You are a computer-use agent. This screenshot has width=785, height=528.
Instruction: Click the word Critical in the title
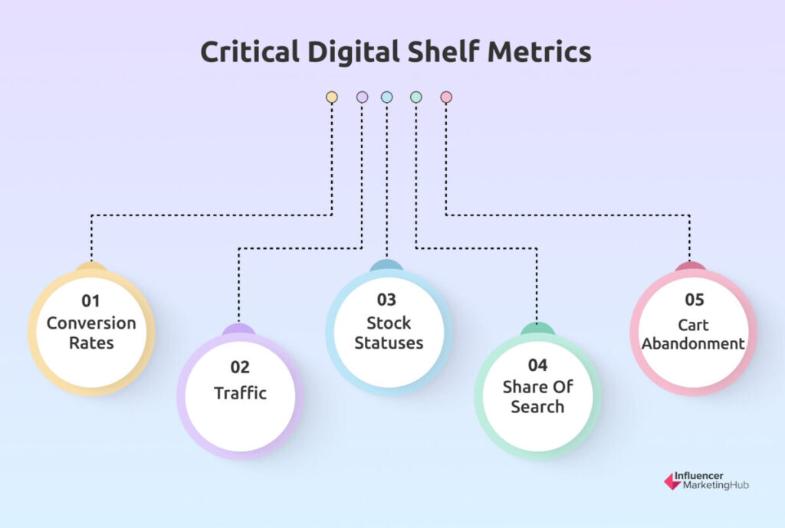click(x=250, y=51)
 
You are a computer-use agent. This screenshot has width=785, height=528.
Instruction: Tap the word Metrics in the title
click(x=539, y=51)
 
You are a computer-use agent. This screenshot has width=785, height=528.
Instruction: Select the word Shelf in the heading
click(x=444, y=51)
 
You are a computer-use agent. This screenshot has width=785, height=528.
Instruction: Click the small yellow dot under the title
click(x=331, y=97)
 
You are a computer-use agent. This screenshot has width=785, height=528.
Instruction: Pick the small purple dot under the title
click(x=362, y=97)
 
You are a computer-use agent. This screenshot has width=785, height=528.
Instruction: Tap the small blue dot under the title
click(x=386, y=97)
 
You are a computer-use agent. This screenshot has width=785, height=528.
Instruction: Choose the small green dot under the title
click(x=416, y=97)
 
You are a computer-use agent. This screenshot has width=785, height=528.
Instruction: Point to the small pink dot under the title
click(x=446, y=97)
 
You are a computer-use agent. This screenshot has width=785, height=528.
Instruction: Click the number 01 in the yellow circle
click(x=90, y=301)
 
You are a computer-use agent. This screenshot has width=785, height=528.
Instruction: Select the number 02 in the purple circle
click(x=240, y=367)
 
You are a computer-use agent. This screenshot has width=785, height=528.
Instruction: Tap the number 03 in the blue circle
click(x=386, y=300)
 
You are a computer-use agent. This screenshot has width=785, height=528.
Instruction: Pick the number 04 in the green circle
click(x=537, y=366)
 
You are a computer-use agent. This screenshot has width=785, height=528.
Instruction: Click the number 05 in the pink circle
click(x=695, y=300)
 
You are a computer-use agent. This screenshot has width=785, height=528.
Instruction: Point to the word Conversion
click(x=91, y=323)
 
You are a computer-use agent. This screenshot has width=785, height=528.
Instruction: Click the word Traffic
click(x=240, y=393)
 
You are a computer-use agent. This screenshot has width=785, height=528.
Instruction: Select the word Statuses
click(x=389, y=343)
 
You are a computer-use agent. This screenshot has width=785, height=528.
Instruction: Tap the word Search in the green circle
click(x=537, y=407)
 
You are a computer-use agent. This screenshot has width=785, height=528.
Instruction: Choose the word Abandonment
click(x=693, y=344)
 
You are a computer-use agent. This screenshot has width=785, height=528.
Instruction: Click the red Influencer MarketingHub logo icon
click(x=672, y=481)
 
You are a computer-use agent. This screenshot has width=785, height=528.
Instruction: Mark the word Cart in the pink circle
click(x=693, y=326)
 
